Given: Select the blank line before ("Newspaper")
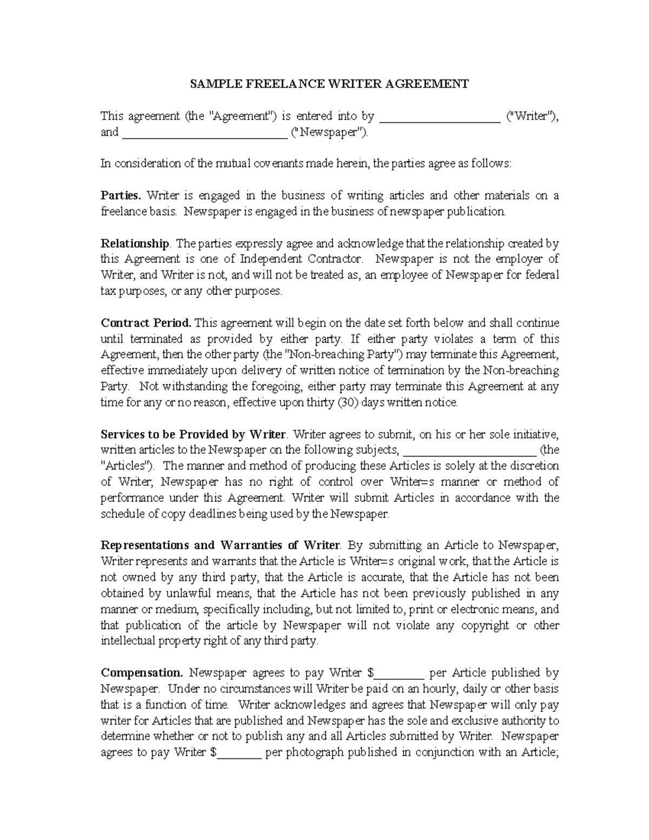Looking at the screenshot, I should click(x=205, y=134).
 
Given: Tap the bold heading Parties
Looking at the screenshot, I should click(x=122, y=195).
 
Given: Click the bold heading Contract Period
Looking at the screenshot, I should click(x=147, y=323).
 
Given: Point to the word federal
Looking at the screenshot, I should click(x=541, y=275).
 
